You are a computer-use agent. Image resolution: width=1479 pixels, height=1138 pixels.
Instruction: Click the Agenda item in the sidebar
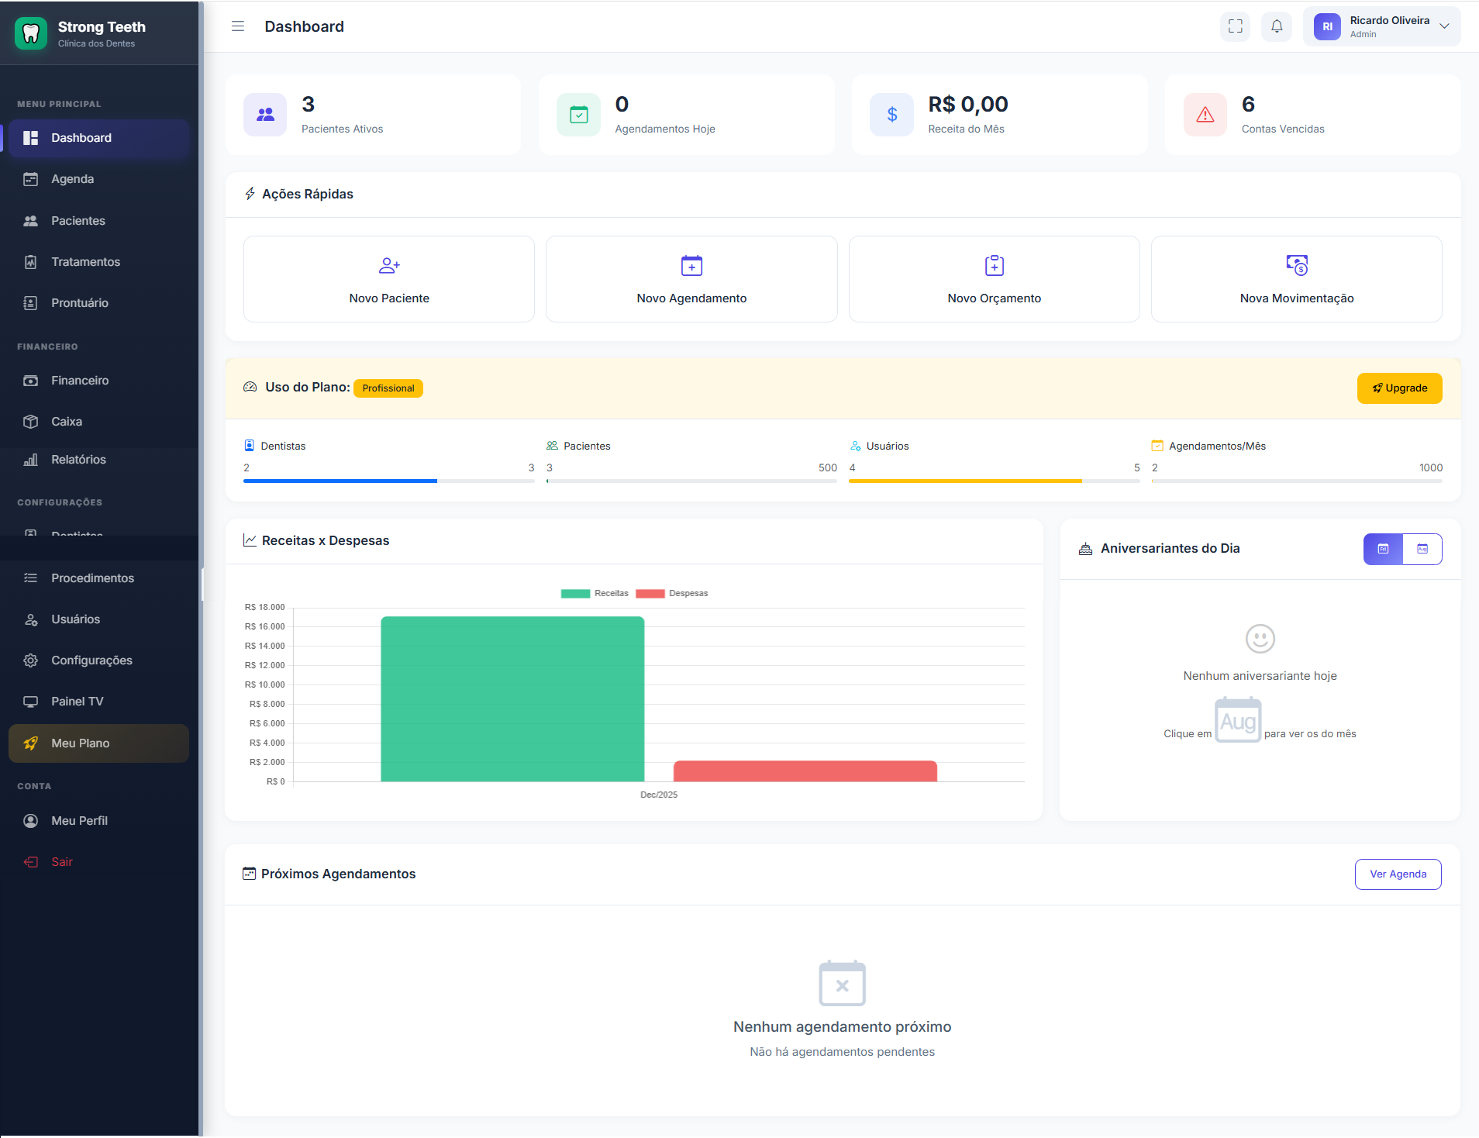click(72, 179)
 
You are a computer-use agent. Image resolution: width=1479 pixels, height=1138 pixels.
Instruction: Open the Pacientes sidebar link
click(78, 221)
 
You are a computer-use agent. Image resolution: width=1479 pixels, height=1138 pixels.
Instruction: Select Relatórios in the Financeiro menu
click(78, 460)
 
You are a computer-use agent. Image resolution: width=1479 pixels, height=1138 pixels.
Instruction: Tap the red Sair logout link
click(61, 862)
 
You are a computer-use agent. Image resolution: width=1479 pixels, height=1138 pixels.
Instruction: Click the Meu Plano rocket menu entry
click(80, 743)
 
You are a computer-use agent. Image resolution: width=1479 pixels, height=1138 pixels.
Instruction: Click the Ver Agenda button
click(1398, 874)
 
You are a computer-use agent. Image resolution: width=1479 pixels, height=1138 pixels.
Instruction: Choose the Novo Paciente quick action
click(389, 279)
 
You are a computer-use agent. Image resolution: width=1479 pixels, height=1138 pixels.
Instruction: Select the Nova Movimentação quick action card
click(1296, 279)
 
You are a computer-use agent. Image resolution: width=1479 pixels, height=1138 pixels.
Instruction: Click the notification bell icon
click(1277, 26)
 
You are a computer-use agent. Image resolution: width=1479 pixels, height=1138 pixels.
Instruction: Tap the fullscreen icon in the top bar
click(1235, 26)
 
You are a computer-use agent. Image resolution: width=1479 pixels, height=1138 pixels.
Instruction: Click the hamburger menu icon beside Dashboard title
click(238, 26)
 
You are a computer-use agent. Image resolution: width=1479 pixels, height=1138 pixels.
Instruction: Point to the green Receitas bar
click(512, 698)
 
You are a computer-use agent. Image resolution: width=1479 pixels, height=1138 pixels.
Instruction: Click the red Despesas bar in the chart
click(805, 771)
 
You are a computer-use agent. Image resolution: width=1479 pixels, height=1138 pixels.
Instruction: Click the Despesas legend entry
click(673, 594)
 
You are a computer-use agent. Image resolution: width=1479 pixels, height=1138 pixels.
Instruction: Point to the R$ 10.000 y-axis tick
click(265, 685)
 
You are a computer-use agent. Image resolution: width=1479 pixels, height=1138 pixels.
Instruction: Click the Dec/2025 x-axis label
click(659, 795)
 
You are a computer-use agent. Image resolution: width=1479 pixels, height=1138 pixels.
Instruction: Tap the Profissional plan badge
click(388, 388)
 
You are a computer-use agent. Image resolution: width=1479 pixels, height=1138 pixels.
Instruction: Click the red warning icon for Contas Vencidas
click(1205, 115)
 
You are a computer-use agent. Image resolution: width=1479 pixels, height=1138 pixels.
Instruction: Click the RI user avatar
click(1327, 26)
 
